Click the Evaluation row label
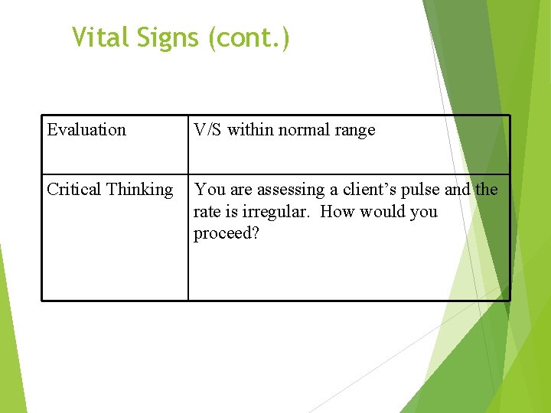pyautogui.click(x=86, y=130)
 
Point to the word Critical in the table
pyautogui.click(x=74, y=189)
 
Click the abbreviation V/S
pyautogui.click(x=207, y=130)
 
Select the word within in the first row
pyautogui.click(x=250, y=130)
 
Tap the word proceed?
pyautogui.click(x=227, y=234)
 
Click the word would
pyautogui.click(x=382, y=211)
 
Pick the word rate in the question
pyautogui.click(x=207, y=212)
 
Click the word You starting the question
pyautogui.click(x=208, y=190)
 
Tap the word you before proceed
pyautogui.click(x=423, y=213)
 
